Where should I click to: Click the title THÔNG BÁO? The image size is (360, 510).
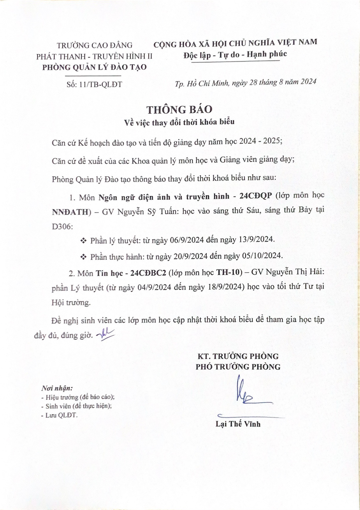(179, 110)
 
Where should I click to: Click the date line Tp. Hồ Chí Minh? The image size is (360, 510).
(245, 82)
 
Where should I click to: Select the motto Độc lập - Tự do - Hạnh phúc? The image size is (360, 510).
(235, 55)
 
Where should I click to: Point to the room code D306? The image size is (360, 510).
(62, 226)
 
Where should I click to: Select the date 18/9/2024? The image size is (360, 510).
(225, 287)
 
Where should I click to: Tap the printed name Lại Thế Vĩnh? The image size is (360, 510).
(238, 424)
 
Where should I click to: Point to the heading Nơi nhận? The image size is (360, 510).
(57, 388)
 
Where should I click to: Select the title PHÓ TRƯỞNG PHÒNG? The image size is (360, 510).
(238, 367)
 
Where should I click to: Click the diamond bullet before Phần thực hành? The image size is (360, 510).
(83, 257)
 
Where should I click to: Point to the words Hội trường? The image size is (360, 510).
(71, 302)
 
